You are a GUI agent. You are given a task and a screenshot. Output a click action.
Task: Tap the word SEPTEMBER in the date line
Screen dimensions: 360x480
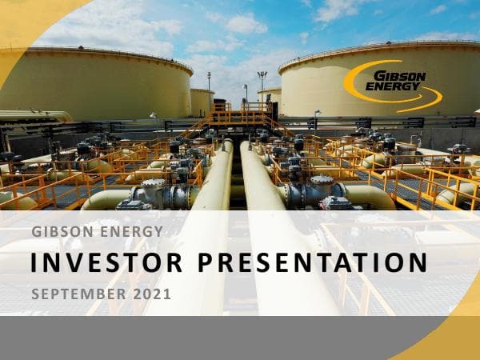coord(78,294)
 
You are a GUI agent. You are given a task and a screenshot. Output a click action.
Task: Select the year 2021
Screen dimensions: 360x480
coord(152,294)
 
